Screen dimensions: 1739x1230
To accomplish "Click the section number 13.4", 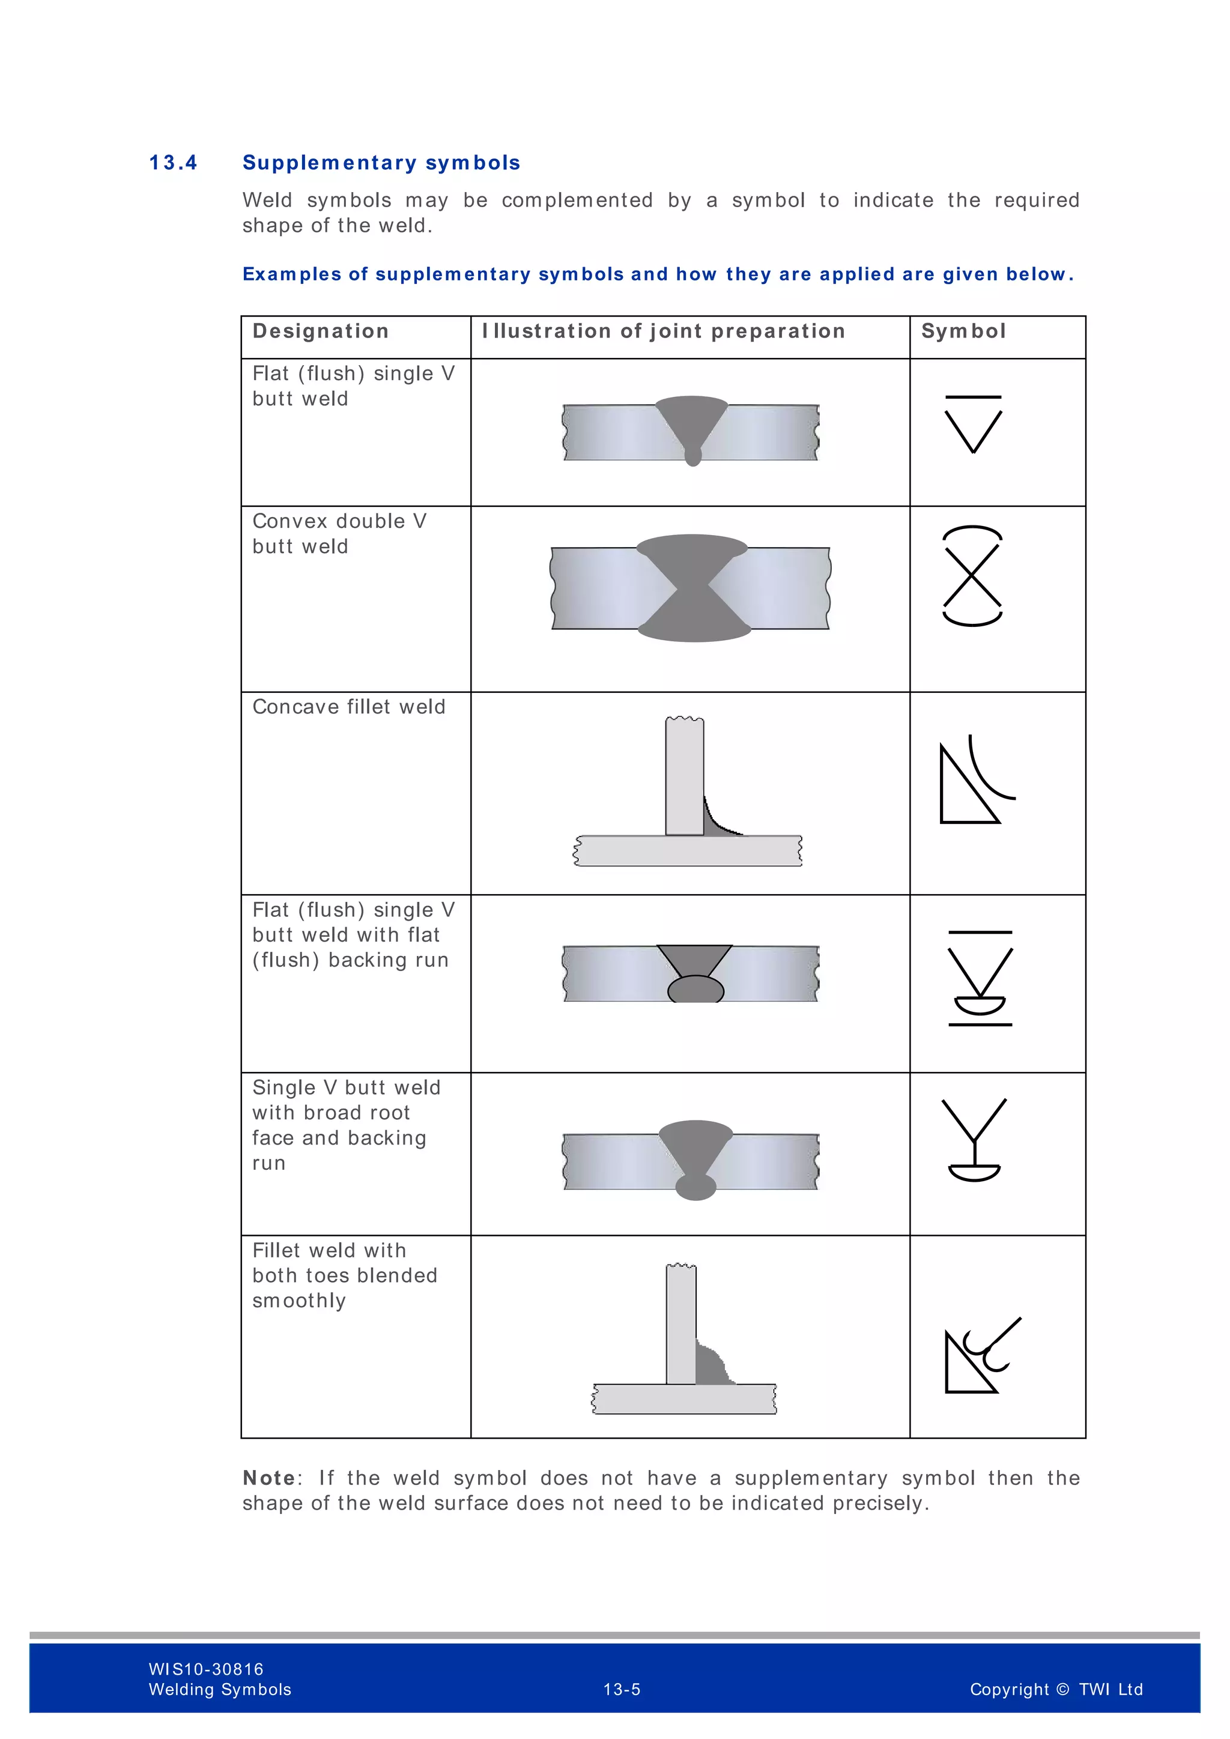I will [173, 163].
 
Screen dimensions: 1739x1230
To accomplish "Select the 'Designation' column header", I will [320, 331].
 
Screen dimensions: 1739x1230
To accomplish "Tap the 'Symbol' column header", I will [963, 331].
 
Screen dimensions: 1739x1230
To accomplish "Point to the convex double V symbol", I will [972, 576].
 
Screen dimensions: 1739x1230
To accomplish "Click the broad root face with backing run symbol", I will [974, 1139].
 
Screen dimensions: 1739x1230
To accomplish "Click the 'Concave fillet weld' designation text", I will [348, 707].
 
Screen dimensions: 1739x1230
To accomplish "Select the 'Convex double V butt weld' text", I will [339, 533].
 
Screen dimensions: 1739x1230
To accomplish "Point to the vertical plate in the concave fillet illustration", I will [685, 776].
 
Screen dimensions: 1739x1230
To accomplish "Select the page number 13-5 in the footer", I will [622, 1689].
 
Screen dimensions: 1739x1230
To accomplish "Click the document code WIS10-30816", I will [206, 1669].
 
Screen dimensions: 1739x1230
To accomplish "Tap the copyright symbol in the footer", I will [1062, 1689].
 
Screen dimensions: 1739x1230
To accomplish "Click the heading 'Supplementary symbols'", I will [381, 163].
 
